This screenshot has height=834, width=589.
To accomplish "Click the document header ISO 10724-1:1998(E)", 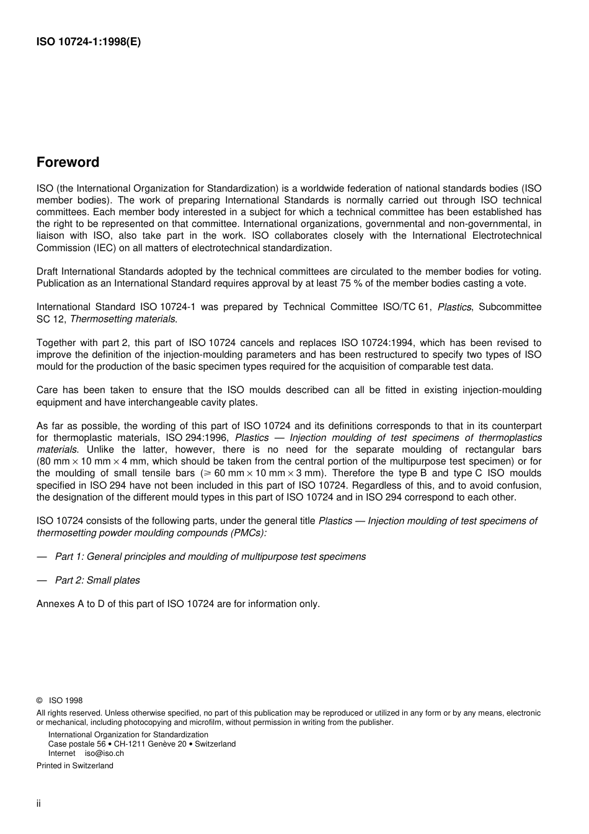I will (89, 43).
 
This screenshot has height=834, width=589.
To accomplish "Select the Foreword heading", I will (68, 162).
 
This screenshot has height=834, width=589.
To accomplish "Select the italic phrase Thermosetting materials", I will (123, 319).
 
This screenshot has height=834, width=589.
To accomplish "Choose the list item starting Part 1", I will (210, 556).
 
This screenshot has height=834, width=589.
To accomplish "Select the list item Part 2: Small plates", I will (97, 580).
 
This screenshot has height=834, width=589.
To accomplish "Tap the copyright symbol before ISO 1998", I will (40, 701).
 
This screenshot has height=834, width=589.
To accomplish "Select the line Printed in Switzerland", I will (75, 766).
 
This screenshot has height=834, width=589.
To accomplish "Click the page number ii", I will (38, 804).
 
